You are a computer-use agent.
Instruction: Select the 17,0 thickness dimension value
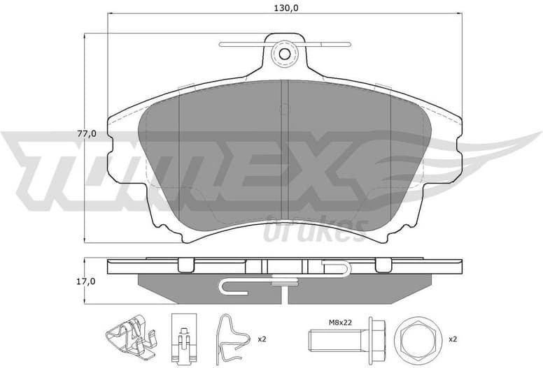pyautogui.click(x=85, y=282)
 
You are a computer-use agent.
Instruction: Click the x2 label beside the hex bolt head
pyautogui.click(x=452, y=339)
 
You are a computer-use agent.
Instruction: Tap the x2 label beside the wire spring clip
pyautogui.click(x=262, y=339)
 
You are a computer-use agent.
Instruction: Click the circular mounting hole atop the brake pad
pyautogui.click(x=284, y=52)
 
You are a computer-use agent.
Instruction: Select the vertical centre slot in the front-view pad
pyautogui.click(x=284, y=150)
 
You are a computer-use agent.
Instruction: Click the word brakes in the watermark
pyautogui.click(x=315, y=228)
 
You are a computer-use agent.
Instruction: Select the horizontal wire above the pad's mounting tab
pyautogui.click(x=284, y=43)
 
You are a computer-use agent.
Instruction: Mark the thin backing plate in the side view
pyautogui.click(x=284, y=267)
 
